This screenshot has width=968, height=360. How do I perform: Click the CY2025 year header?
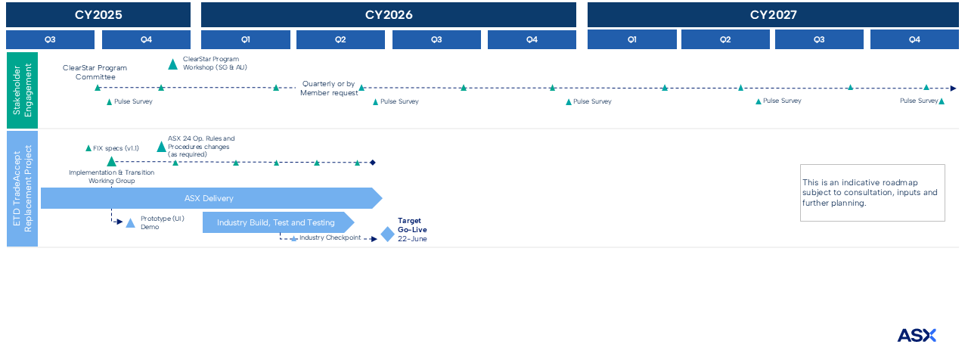coord(98,14)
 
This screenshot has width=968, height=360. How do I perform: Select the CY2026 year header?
coord(389,14)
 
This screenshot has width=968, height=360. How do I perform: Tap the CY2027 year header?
coord(773,14)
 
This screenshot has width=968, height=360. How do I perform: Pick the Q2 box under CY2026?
coord(340,40)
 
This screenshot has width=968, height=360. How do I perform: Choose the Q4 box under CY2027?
coord(914,40)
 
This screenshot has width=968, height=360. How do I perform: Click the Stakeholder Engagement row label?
coord(22,90)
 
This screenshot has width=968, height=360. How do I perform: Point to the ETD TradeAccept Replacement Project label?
coord(22,188)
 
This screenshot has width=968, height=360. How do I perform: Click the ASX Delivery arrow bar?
coord(209,199)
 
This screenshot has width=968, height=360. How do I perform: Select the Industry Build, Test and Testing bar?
coord(276,222)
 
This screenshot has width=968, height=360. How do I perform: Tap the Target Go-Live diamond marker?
coord(387,234)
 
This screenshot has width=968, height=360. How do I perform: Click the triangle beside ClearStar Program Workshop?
coord(173,64)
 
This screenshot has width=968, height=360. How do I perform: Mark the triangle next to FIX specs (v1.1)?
coord(88,149)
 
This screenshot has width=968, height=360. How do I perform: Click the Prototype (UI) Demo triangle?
coord(130,223)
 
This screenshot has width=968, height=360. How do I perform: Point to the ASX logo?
coord(917,335)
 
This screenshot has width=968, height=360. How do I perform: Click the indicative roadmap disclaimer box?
coord(872,193)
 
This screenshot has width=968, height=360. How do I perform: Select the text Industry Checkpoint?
coord(330,238)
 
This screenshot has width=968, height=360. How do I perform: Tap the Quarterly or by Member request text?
coord(329,88)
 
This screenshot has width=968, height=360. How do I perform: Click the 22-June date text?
coord(412,239)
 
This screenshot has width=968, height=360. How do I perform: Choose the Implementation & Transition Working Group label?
coord(111,176)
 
